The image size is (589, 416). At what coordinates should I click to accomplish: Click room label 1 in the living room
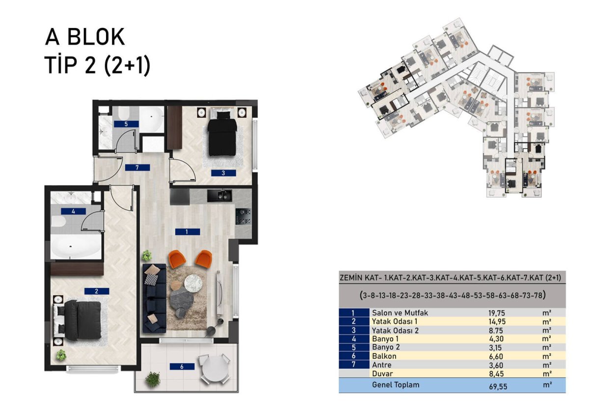point(187,232)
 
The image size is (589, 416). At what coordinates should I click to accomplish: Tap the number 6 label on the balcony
point(182,366)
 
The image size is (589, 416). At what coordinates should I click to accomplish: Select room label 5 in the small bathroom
point(126,124)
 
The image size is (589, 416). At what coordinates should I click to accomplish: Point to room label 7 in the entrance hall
point(137,167)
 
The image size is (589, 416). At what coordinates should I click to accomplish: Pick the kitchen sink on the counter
point(219,196)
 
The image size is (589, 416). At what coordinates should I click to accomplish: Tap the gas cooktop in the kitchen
point(243,216)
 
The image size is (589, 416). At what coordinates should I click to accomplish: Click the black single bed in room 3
point(222,133)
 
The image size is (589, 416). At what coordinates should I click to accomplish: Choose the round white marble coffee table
point(193,283)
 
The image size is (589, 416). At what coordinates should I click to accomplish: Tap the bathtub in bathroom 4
point(76,246)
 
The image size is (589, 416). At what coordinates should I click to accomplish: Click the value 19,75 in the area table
point(497,313)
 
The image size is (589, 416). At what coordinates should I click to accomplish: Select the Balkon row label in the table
point(384,356)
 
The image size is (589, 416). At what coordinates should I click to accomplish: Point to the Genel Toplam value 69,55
point(498,387)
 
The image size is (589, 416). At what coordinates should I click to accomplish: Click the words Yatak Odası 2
point(395,330)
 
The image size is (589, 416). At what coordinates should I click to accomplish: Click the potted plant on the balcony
point(153,379)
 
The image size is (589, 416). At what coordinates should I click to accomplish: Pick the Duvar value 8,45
point(496,374)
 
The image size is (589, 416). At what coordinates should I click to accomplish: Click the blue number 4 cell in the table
point(354,339)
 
